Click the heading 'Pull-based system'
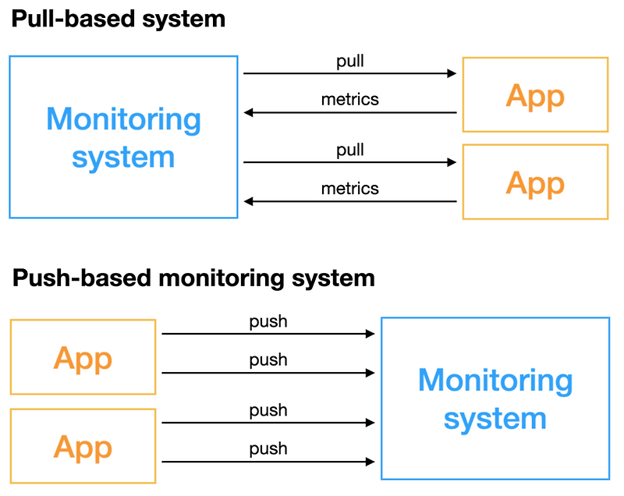(118, 19)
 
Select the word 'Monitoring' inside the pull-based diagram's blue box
(123, 119)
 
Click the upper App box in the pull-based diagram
(535, 95)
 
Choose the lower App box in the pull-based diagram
(535, 182)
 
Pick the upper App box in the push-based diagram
(83, 357)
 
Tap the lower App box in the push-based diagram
(83, 445)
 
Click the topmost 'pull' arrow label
(349, 61)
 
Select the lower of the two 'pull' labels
(349, 149)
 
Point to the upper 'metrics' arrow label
(349, 100)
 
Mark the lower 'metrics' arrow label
(349, 188)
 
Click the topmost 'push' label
(268, 321)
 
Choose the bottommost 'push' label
(268, 448)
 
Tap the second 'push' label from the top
(268, 360)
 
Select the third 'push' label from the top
(268, 410)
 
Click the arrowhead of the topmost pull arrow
(452, 74)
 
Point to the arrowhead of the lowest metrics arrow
(249, 201)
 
